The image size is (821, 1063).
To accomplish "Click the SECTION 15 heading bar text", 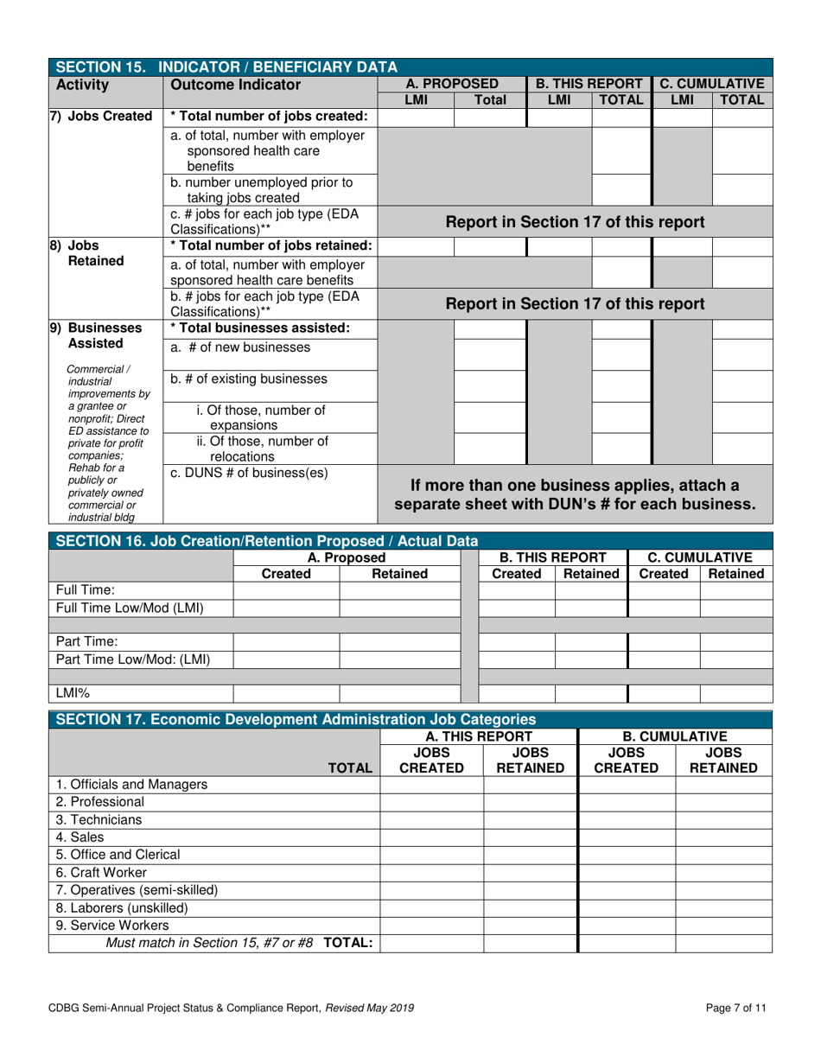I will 226,67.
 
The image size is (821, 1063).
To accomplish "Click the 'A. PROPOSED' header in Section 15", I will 451,84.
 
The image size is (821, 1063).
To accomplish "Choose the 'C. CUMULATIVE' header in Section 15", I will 711,84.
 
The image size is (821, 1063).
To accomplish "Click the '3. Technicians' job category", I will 99,819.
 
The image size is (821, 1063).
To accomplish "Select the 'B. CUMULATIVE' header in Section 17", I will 674,736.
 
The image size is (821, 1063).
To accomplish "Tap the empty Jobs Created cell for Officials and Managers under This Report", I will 431,785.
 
